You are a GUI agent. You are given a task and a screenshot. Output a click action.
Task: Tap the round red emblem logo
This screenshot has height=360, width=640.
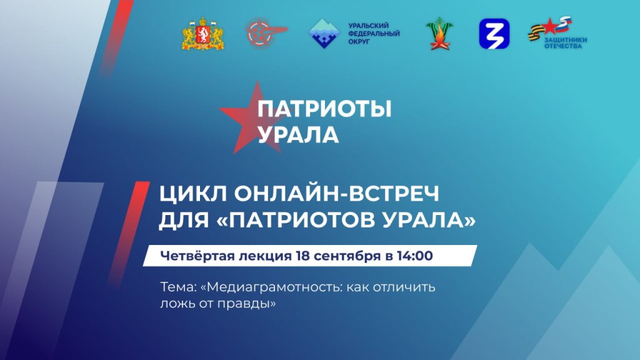pyautogui.click(x=261, y=34)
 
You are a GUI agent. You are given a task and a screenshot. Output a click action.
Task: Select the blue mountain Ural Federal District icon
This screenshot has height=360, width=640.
pyautogui.click(x=325, y=34)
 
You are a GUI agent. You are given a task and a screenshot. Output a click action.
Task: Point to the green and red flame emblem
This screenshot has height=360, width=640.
pyautogui.click(x=439, y=34)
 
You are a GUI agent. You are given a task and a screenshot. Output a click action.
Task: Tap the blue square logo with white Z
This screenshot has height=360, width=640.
pyautogui.click(x=494, y=34)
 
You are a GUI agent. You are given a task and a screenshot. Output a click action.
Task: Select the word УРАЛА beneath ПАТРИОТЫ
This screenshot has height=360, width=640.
pyautogui.click(x=298, y=134)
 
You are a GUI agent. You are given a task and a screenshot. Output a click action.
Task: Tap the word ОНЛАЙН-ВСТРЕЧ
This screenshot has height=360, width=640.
pyautogui.click(x=336, y=194)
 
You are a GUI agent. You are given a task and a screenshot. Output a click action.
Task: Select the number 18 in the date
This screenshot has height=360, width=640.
pyautogui.click(x=307, y=256)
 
